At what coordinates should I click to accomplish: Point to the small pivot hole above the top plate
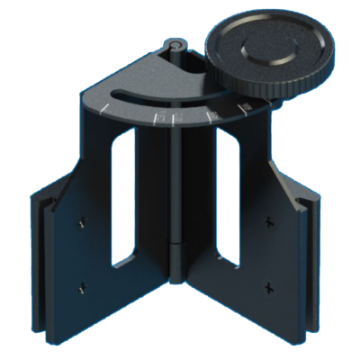click(x=175, y=42)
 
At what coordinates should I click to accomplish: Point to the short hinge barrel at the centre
click(x=176, y=255)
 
